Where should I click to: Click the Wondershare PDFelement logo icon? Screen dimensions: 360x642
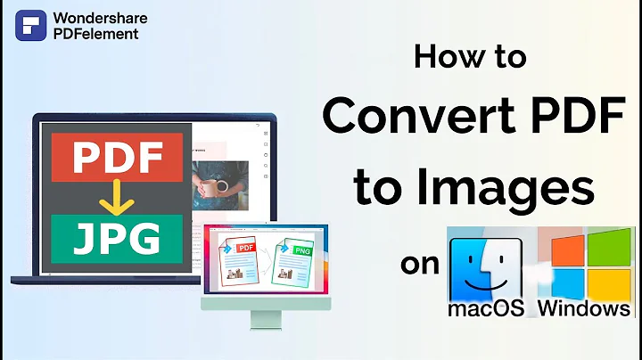coord(30,25)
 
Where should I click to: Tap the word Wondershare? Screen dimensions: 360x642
coord(101,17)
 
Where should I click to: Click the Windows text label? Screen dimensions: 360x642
coord(584,308)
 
